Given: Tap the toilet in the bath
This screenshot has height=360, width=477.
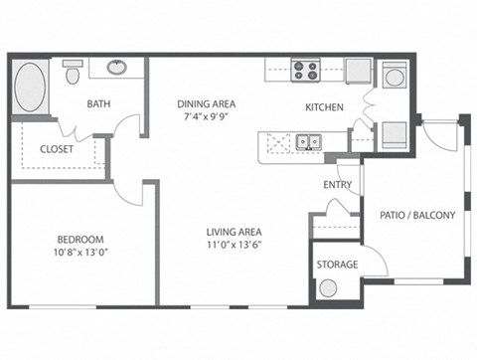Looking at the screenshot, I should click(x=72, y=74).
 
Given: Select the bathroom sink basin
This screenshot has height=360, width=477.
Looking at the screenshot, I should click(x=117, y=69).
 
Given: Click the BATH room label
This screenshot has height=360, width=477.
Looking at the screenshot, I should click(x=98, y=103).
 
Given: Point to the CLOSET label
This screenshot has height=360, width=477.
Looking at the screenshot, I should click(x=58, y=149).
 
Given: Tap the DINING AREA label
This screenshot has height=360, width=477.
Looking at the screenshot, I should click(x=206, y=103).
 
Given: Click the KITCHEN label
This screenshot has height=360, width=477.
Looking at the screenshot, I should click(x=324, y=106).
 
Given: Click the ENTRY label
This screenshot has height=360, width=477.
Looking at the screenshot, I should click(x=337, y=185).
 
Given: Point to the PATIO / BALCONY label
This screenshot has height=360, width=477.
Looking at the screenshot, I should click(x=417, y=214).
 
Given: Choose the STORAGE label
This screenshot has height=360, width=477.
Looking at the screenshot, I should click(x=337, y=266).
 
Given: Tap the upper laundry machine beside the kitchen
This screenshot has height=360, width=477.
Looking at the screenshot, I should click(x=394, y=76).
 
